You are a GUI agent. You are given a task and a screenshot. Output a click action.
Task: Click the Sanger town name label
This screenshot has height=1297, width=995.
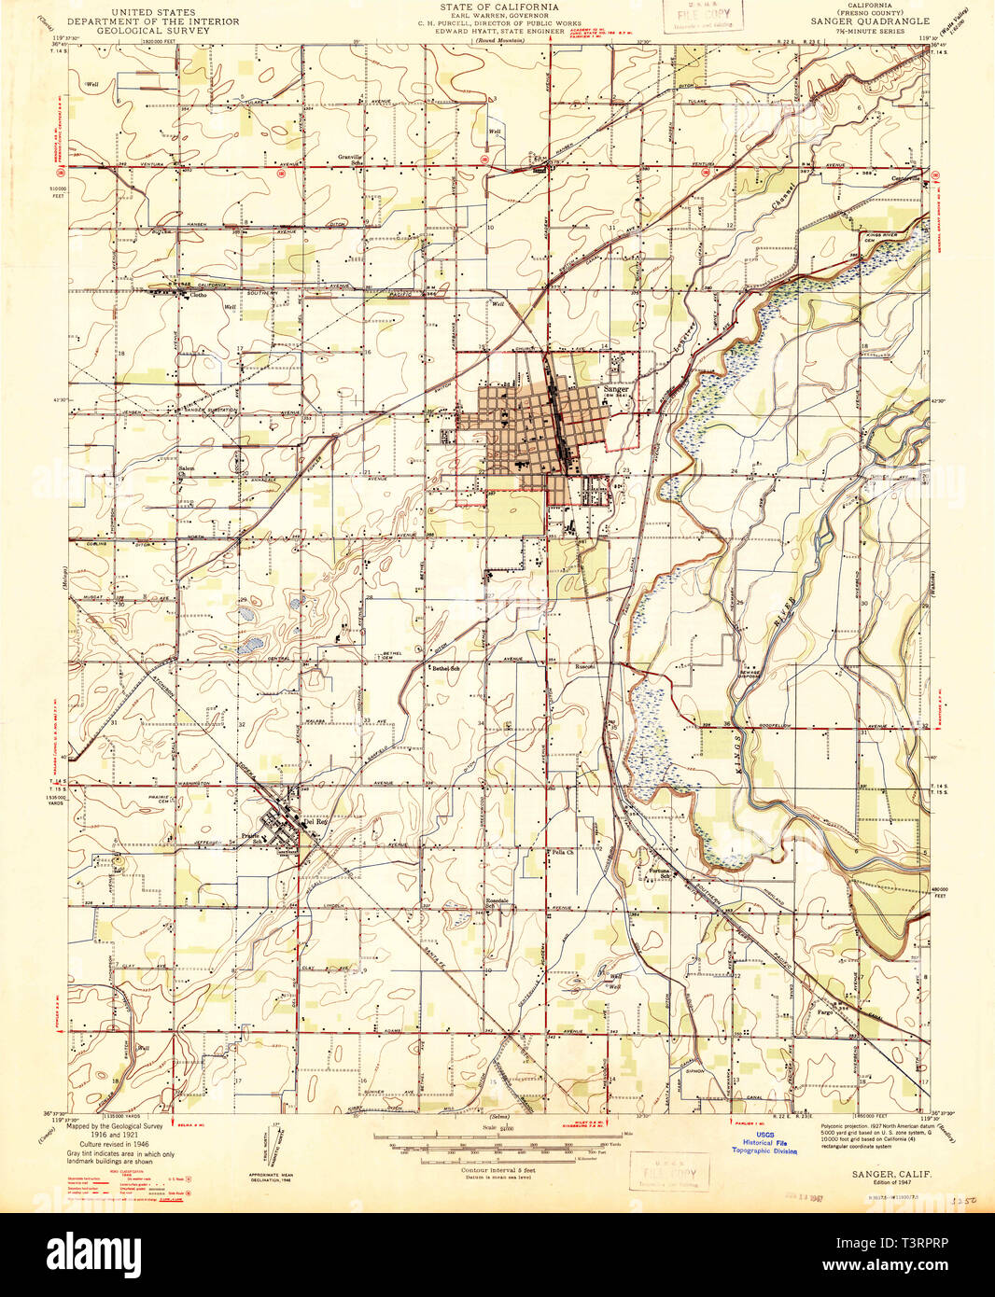pyautogui.click(x=615, y=388)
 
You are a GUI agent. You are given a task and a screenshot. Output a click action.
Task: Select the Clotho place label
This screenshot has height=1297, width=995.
pyautogui.click(x=198, y=296)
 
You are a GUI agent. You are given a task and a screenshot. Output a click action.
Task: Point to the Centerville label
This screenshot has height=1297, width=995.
pyautogui.click(x=906, y=178)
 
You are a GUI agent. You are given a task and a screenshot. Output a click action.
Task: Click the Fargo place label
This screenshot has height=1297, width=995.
pyautogui.click(x=824, y=1011)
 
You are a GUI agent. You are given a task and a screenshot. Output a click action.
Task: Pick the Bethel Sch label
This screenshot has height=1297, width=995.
pyautogui.click(x=445, y=668)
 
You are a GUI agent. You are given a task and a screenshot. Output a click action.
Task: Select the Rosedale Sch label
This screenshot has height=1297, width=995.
pyautogui.click(x=497, y=903)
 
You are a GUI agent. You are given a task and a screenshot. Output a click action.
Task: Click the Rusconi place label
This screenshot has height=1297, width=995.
pyautogui.click(x=585, y=666)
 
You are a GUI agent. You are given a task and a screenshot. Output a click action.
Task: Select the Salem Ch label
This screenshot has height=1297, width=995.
pyautogui.click(x=188, y=468)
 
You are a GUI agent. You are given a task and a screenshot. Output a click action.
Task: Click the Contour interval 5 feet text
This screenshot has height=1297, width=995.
pyautogui.click(x=496, y=1169)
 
